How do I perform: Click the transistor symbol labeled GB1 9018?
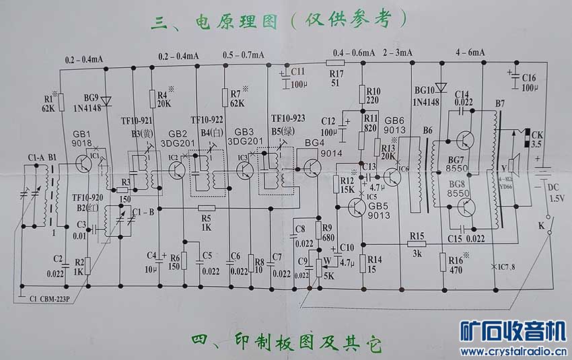click(x=85, y=164)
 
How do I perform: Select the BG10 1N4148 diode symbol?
click(x=441, y=87)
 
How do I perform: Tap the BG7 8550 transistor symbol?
click(x=463, y=140)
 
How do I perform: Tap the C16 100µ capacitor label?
click(x=528, y=83)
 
